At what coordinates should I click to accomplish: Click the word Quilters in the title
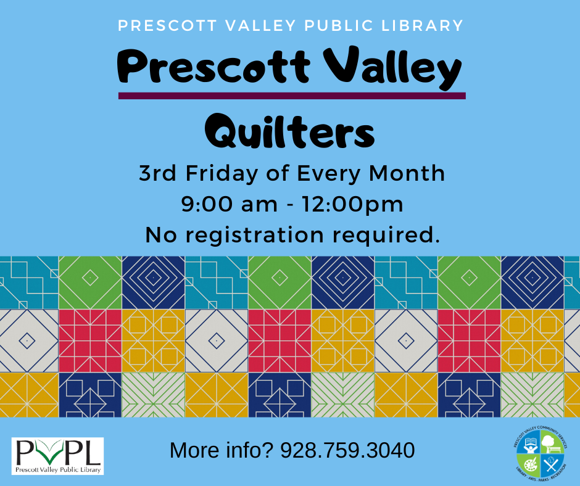point(289,131)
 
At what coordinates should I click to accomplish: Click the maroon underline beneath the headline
point(291,96)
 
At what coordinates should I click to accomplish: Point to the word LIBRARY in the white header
point(423,26)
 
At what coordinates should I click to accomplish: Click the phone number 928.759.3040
point(347,450)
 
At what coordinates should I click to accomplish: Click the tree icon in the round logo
point(547,442)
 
